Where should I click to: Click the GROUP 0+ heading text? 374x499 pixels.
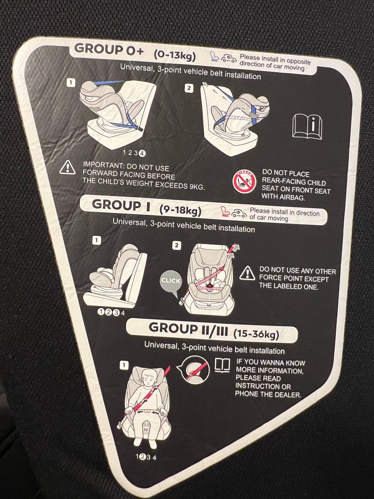point(109,50)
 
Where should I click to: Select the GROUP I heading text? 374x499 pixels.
point(121,205)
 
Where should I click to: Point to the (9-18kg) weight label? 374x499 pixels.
point(180,211)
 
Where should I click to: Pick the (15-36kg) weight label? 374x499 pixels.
point(256,334)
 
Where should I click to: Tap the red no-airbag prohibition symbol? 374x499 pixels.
point(244,182)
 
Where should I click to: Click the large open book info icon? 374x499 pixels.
point(307,126)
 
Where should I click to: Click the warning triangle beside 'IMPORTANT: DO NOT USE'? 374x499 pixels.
point(67,168)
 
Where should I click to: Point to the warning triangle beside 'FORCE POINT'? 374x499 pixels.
point(247,273)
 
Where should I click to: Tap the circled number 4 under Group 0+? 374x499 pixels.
point(142,154)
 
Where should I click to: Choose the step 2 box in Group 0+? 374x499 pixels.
point(189,88)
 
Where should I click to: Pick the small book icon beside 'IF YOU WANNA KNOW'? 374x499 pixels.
point(222,365)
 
